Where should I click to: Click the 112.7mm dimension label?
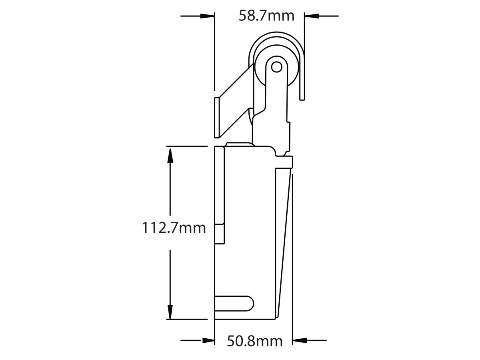point(174,228)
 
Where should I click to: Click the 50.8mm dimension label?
point(255,341)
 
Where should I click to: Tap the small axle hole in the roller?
point(276,67)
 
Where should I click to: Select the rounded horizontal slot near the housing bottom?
point(234,303)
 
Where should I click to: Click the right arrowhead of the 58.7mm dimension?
point(312,16)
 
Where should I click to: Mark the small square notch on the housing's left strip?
point(220,234)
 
